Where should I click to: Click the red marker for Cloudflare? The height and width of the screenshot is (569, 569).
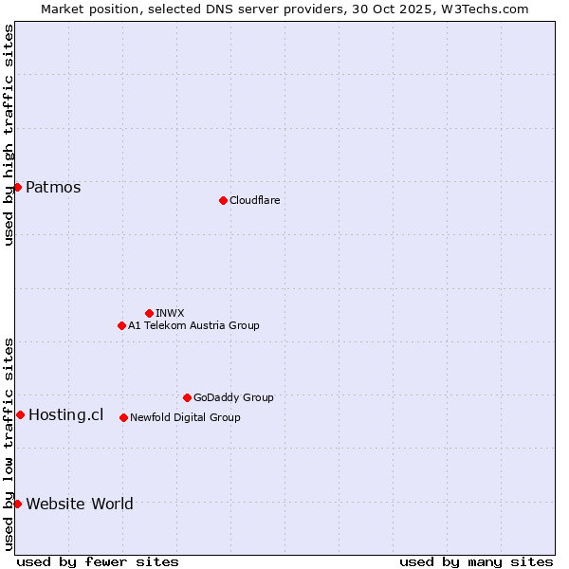(x=223, y=200)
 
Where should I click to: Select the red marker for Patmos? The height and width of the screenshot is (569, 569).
(x=17, y=187)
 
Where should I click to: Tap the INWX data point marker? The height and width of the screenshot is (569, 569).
(x=149, y=313)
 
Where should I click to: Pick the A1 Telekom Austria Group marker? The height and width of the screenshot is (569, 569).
(x=121, y=325)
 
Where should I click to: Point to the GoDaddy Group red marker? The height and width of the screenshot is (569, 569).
(x=187, y=397)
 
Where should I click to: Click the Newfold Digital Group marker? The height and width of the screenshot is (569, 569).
(x=123, y=417)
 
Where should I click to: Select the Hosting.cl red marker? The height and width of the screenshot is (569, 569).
(x=20, y=414)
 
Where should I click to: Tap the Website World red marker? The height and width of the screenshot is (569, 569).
(x=17, y=504)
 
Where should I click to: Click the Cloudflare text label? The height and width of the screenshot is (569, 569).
(x=255, y=200)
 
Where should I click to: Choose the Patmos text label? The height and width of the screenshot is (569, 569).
(x=53, y=187)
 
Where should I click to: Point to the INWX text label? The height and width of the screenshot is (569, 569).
(x=171, y=313)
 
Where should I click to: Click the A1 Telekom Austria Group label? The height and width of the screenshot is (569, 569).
(x=193, y=325)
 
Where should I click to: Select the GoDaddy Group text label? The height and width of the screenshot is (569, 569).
(x=233, y=397)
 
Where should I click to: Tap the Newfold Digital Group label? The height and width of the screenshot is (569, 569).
(x=185, y=417)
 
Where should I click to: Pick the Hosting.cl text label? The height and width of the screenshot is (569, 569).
(x=66, y=414)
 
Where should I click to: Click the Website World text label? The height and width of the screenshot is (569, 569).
(x=80, y=504)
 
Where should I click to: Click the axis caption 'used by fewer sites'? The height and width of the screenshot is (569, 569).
(x=98, y=561)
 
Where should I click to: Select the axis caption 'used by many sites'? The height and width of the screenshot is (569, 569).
(x=476, y=561)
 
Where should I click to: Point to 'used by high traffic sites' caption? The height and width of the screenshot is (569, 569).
(x=9, y=135)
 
